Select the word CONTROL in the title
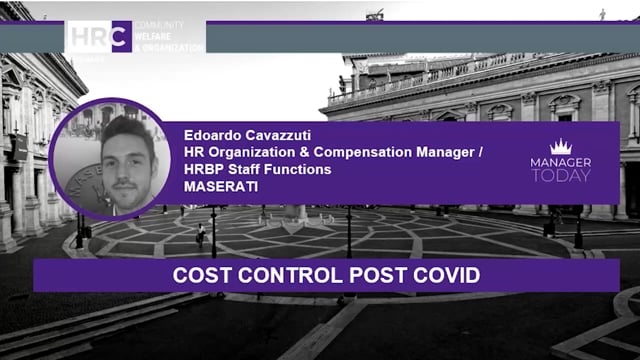click(279, 274)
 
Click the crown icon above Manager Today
click(561, 146)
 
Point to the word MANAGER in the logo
click(561, 162)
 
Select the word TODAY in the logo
click(561, 175)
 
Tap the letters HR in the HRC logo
click(89, 36)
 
